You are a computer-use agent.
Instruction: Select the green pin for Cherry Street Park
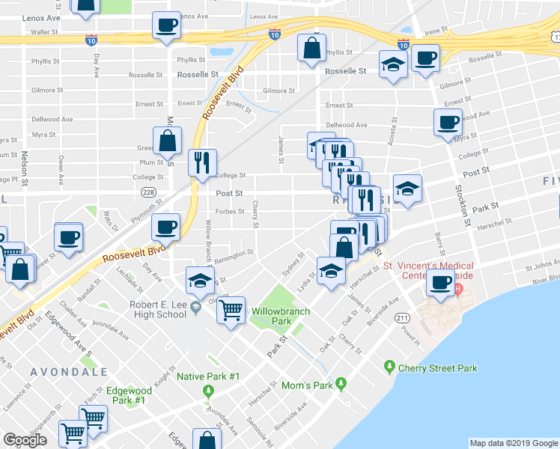[389, 367]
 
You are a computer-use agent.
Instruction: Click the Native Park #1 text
[207, 376]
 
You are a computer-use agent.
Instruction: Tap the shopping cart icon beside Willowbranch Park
[232, 308]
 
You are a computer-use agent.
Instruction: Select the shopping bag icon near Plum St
[167, 139]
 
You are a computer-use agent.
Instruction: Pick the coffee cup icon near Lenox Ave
[166, 25]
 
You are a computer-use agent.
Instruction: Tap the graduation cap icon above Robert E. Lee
[200, 280]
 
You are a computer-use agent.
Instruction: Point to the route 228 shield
[148, 192]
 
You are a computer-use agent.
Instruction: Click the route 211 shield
[404, 319]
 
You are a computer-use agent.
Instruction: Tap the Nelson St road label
[25, 168]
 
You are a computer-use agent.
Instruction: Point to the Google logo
[25, 440]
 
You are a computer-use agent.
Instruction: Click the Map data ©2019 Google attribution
[513, 443]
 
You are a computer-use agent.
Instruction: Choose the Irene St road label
[435, 32]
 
